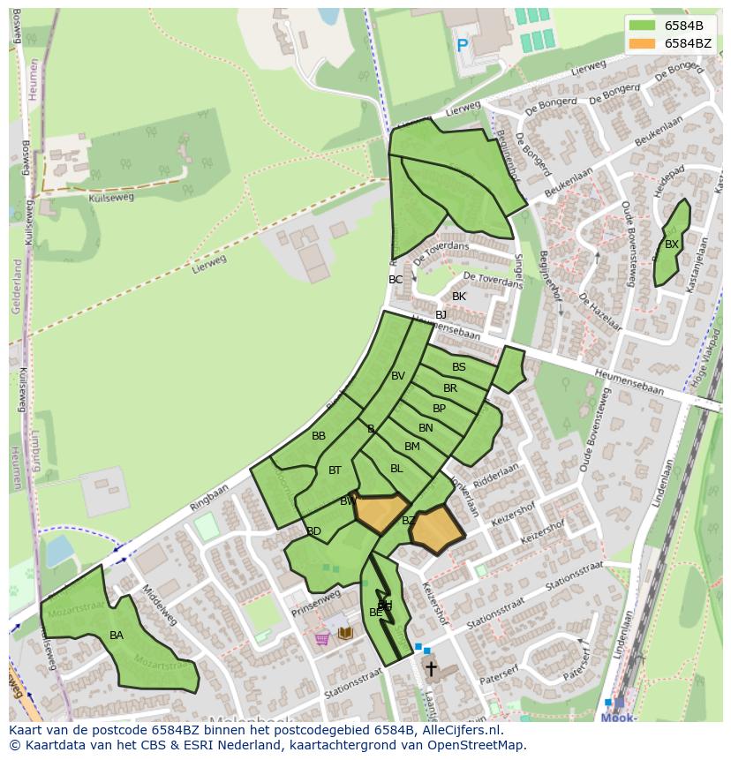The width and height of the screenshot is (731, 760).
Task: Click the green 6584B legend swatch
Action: pos(642,26)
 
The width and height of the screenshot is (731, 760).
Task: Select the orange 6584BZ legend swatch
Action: pos(642,43)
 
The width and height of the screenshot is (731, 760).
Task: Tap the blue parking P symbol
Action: pos(462,45)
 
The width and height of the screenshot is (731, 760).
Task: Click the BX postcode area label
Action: pos(672,245)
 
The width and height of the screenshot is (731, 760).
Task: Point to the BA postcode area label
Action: pos(117,636)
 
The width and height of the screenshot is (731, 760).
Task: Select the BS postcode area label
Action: pos(459,367)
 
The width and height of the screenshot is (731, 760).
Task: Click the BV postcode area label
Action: pos(398,376)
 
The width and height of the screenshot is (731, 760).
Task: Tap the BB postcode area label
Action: pos(319,436)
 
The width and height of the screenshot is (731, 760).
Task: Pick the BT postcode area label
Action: pos(335,470)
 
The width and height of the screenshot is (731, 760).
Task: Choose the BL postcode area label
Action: pos(396,469)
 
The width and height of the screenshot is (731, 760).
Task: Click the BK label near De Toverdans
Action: pos(459,297)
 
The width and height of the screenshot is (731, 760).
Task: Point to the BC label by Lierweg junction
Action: pos(396,280)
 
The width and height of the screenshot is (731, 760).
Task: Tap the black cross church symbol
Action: pos(431,668)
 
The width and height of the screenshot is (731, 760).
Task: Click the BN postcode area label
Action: pos(426,428)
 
